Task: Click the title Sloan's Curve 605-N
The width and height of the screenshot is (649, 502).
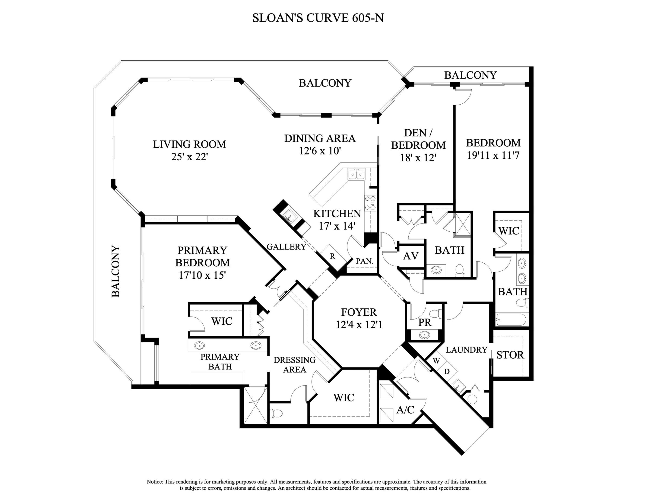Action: coord(318,18)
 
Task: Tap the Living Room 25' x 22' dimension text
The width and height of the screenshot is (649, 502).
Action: coord(189,157)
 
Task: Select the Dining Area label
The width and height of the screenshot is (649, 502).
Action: coord(320,138)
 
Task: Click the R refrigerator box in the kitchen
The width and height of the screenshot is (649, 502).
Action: coord(333,256)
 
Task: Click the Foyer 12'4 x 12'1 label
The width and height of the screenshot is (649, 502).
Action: coord(359,318)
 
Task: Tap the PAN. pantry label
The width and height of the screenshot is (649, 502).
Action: coord(364,261)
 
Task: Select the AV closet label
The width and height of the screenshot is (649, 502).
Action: coord(411,256)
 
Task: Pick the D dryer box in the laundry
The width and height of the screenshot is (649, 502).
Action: coord(447,371)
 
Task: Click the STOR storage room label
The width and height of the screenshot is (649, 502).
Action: coord(510,355)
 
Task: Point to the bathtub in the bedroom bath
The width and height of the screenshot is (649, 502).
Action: coord(511,320)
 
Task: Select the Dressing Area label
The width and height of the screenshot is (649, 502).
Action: coord(294,365)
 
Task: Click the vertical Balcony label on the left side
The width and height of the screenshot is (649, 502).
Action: coord(116,271)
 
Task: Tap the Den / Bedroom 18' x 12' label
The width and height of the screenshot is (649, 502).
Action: coord(418,145)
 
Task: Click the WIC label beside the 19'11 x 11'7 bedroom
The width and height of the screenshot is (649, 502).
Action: coord(509,231)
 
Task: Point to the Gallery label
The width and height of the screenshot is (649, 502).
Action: coord(286,247)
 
